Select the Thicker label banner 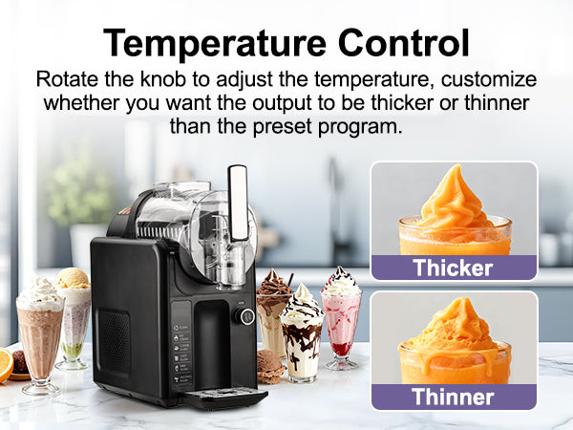pos(454,268)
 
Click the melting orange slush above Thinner pos(454,334)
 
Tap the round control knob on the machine pos(246,315)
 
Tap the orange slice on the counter pos(5,364)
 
